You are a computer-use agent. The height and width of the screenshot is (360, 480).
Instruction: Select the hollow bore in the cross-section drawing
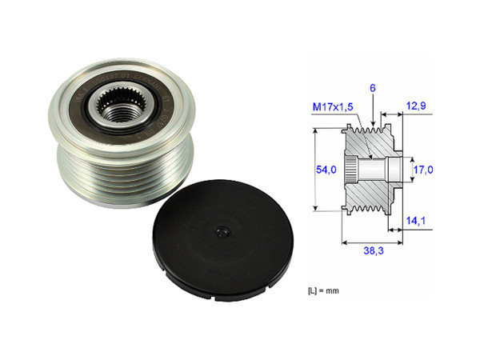(376, 170)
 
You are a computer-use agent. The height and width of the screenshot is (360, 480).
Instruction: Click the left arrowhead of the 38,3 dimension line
(345, 239)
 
